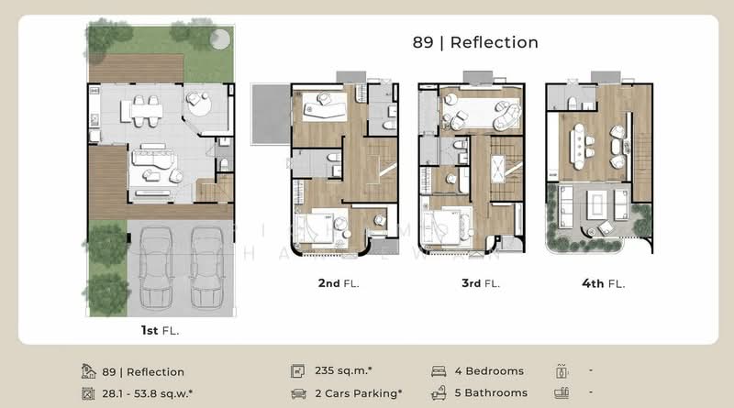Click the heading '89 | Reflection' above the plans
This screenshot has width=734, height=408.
pos(474,42)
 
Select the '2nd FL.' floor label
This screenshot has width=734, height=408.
pos(339,283)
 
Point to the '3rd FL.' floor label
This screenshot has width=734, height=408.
pos(481,283)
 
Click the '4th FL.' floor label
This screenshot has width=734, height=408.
pos(603,283)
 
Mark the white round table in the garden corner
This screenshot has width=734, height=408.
pos(219,39)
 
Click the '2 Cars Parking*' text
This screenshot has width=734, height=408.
pos(358,393)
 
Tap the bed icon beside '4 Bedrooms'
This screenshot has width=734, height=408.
pos(439,371)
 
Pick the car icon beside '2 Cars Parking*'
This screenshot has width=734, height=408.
pos(298,393)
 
